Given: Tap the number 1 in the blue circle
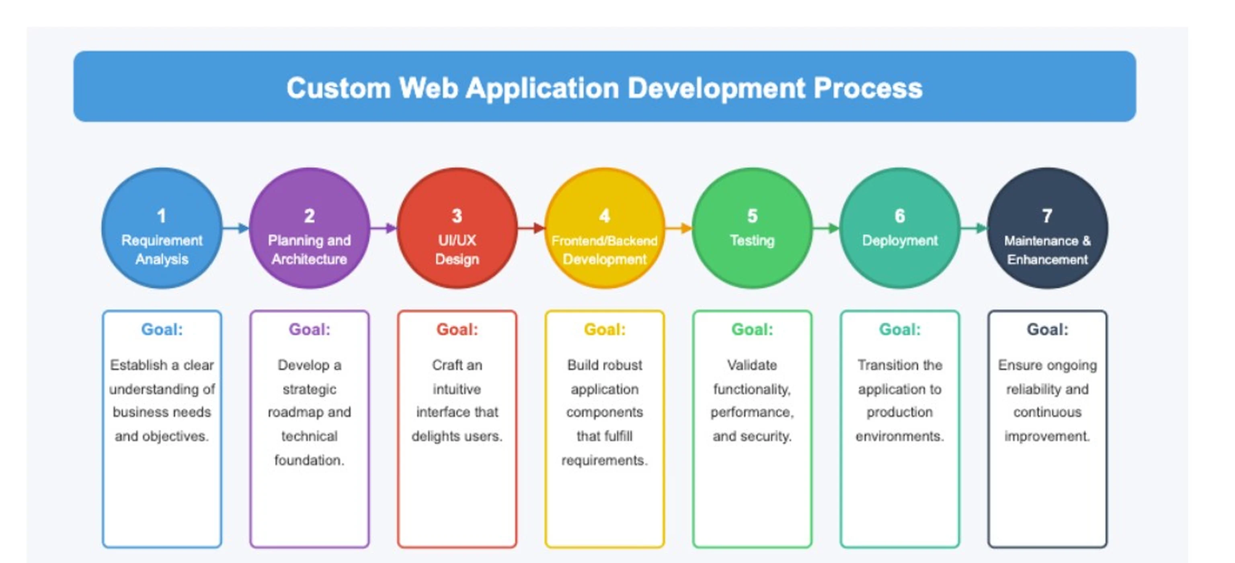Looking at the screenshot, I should click(162, 216).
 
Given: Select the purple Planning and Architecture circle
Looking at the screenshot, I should click(309, 228).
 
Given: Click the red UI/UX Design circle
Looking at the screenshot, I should click(457, 228).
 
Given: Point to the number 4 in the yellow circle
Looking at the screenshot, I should click(605, 216).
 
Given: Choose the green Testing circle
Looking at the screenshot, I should click(752, 228).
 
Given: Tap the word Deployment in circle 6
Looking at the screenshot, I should click(900, 241).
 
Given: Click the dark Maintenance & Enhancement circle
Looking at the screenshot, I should click(1048, 228).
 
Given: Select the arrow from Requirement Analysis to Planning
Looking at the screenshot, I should click(236, 228).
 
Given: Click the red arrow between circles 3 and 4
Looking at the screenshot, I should click(531, 228).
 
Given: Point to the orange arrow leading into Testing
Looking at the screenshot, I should click(679, 228).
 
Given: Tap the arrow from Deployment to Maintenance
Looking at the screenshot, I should click(974, 228).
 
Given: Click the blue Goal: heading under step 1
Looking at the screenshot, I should click(162, 329).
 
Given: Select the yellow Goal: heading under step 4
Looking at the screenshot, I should click(605, 329).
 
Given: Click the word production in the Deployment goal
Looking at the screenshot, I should click(899, 412).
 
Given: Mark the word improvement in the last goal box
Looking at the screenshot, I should click(1048, 436).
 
